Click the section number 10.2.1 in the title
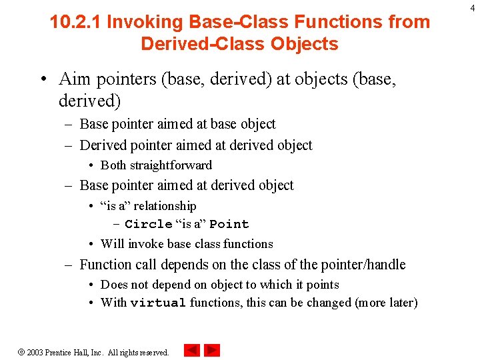click(76, 22)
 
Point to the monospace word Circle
click(149, 225)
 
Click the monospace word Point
click(229, 225)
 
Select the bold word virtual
click(158, 303)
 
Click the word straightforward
click(171, 165)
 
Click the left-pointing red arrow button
click(192, 351)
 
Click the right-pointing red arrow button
click(212, 351)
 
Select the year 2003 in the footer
click(35, 352)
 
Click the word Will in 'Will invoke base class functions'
click(111, 244)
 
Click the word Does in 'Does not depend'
click(113, 285)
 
